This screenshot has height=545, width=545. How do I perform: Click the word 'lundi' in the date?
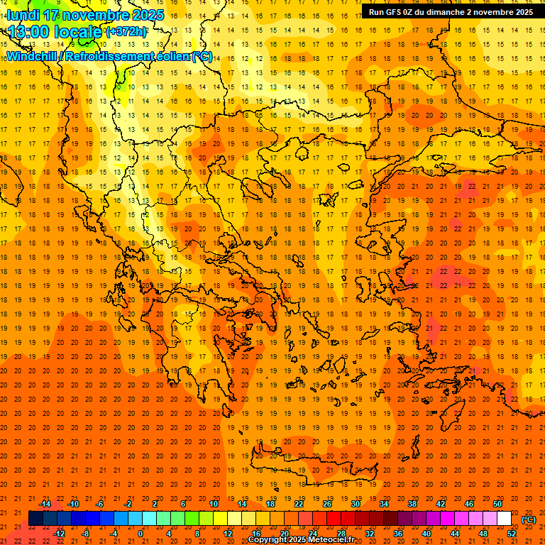(23, 15)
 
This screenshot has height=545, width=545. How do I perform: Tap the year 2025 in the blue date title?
(147, 15)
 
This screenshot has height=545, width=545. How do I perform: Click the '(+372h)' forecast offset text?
(126, 32)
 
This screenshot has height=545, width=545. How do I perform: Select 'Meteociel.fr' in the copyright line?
(331, 540)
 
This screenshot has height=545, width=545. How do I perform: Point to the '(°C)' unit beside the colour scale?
(529, 519)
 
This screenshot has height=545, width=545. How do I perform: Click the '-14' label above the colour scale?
(45, 504)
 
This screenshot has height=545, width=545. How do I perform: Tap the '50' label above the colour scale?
(497, 504)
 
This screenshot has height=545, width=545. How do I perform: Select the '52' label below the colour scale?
(512, 534)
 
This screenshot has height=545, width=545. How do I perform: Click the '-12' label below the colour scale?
(59, 534)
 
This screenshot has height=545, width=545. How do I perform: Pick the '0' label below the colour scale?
(141, 534)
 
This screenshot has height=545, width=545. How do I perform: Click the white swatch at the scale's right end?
(505, 519)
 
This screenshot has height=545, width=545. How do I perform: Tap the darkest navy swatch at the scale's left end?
(35, 519)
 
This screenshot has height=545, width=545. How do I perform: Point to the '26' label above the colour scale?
(327, 504)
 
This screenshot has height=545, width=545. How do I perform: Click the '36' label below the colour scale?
(398, 534)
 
